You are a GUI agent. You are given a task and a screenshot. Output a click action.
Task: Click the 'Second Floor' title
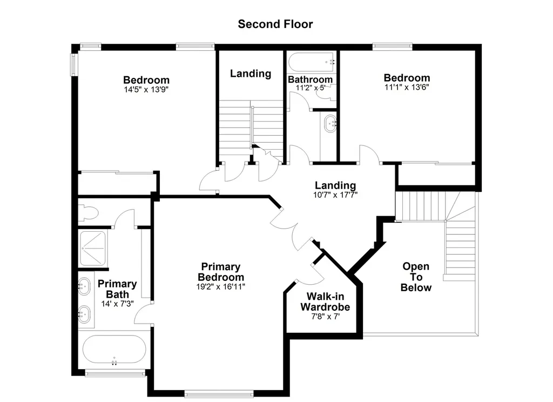275,24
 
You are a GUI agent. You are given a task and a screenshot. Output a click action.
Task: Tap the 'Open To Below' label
416,277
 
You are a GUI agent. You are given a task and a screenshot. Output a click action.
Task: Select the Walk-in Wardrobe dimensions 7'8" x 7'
325,317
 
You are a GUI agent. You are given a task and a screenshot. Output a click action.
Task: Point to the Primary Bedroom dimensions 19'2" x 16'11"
221,286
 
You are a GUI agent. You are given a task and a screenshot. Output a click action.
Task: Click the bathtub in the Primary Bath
114,350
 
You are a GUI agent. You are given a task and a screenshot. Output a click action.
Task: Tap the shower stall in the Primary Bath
93,249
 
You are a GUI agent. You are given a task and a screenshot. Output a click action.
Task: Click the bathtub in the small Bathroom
312,62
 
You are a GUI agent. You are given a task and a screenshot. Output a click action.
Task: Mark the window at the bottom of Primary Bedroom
219,393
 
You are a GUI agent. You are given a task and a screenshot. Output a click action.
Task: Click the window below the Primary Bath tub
116,373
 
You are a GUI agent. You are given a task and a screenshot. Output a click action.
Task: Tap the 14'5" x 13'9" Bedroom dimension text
146,90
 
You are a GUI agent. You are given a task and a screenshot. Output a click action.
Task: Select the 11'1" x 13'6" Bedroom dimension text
407,87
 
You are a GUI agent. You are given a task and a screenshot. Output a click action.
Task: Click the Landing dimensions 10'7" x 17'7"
335,195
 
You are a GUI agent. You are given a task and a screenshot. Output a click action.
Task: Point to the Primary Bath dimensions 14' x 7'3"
117,304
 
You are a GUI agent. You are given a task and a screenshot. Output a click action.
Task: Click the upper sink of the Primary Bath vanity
84,286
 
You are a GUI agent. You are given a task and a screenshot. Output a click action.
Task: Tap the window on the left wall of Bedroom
74,65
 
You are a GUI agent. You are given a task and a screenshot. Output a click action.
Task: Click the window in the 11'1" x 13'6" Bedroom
392,46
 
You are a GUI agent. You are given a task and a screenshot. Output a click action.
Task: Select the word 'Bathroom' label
310,79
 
